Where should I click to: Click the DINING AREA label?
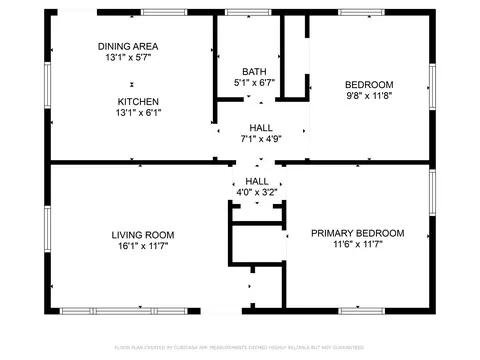click(x=128, y=46)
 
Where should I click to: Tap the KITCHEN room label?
click(x=138, y=101)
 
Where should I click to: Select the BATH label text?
click(x=253, y=71)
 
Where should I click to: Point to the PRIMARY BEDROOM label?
click(x=357, y=233)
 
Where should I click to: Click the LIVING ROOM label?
click(x=138, y=235)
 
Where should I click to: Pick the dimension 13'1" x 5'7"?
click(x=128, y=58)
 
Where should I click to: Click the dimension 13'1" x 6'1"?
click(x=138, y=113)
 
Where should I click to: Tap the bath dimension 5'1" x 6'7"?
click(x=253, y=83)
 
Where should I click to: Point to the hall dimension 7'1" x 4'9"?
click(x=261, y=139)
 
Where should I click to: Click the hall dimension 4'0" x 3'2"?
click(x=257, y=192)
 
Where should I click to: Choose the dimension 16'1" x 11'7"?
click(x=138, y=247)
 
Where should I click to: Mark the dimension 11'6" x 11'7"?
click(x=357, y=245)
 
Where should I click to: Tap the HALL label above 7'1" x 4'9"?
click(x=261, y=127)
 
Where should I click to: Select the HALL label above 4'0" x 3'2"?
click(x=257, y=180)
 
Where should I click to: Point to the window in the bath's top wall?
click(x=240, y=12)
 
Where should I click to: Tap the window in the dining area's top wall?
click(x=156, y=12)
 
